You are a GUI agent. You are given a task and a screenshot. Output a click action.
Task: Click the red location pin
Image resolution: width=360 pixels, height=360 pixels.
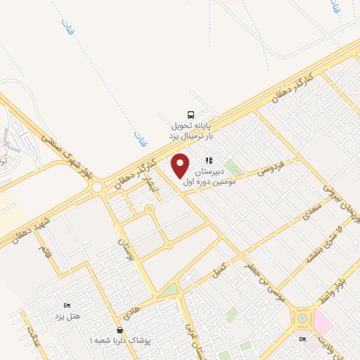pos(181,165)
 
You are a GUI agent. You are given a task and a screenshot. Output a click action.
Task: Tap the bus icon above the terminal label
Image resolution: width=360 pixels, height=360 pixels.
pos(191,115)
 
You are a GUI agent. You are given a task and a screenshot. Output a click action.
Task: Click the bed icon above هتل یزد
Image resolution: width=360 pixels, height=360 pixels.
pos(67,305)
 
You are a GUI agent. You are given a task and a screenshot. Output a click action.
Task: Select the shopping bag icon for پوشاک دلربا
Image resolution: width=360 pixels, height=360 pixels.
pos(120,330)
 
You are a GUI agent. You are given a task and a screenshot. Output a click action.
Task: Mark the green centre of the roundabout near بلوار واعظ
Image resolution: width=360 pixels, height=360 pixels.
pos(302,318)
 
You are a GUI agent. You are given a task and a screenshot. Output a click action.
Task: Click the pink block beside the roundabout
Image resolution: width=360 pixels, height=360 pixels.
pos(323,323)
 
